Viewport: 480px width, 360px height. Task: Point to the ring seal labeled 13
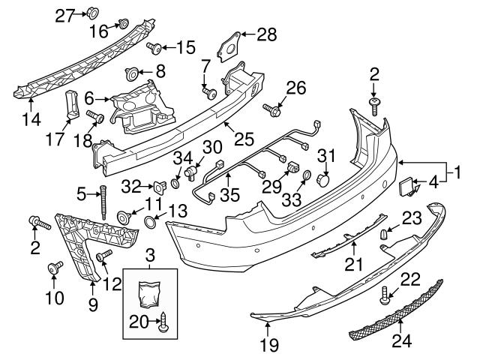[149, 223]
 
